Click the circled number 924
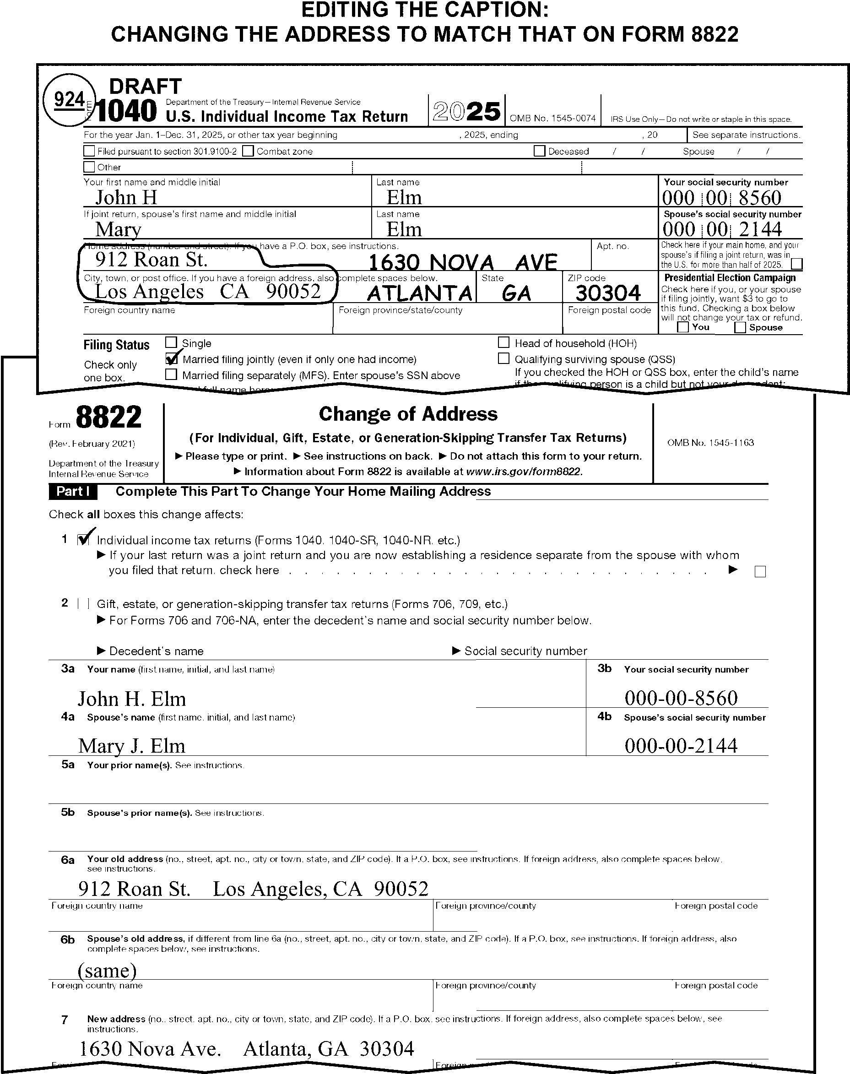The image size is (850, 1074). (69, 99)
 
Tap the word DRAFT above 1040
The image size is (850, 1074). (145, 86)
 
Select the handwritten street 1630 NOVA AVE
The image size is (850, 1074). (462, 262)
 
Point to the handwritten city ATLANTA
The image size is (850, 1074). (419, 293)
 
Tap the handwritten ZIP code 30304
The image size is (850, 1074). (608, 293)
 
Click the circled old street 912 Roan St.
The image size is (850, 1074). (151, 260)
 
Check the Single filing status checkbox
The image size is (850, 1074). (171, 342)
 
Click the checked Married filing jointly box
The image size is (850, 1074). (172, 358)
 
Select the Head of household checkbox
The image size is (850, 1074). (504, 342)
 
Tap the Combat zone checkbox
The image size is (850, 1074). (248, 151)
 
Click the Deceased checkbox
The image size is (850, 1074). (539, 151)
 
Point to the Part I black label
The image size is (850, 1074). (73, 491)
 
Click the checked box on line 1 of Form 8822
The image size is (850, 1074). (83, 539)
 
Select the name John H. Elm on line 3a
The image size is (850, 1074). (132, 699)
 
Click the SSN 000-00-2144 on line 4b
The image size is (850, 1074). (681, 745)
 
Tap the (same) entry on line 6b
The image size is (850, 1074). (107, 970)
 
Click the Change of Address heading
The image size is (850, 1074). (408, 414)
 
